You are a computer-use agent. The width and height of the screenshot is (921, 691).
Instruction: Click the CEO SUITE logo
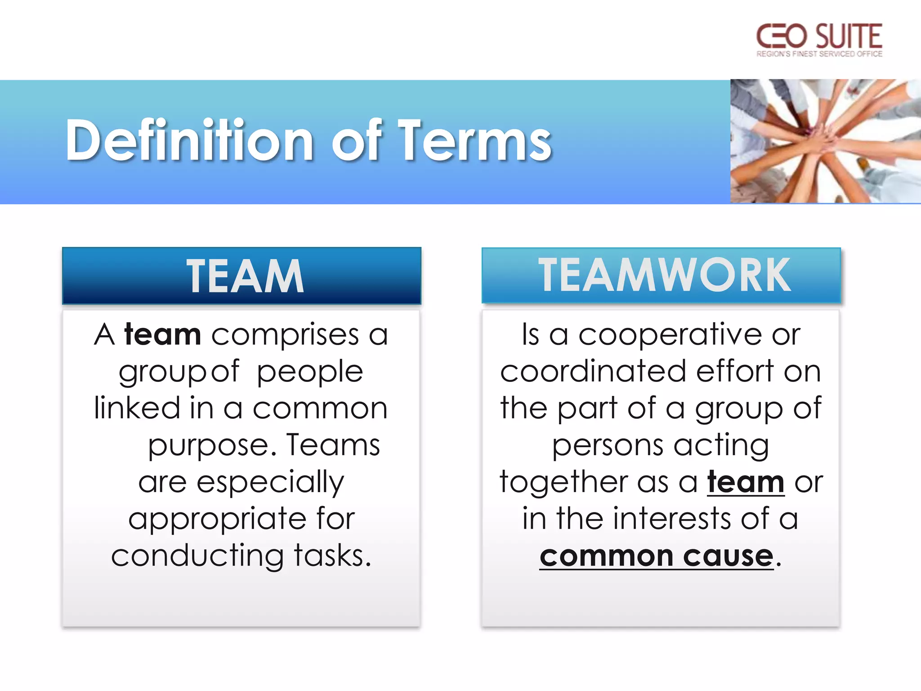819,40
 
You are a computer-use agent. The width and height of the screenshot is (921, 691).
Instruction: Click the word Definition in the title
189,141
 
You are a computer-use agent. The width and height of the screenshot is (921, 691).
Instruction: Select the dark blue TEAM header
242,276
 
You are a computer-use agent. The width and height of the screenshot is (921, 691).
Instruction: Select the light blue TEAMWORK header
661,275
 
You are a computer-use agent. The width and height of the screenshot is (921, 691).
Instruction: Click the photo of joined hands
825,141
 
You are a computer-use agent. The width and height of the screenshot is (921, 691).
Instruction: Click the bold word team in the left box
163,335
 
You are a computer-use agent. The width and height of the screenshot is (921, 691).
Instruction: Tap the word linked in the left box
137,408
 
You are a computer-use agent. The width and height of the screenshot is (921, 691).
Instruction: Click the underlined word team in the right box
746,482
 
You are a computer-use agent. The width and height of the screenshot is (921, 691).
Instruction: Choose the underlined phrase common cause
656,556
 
